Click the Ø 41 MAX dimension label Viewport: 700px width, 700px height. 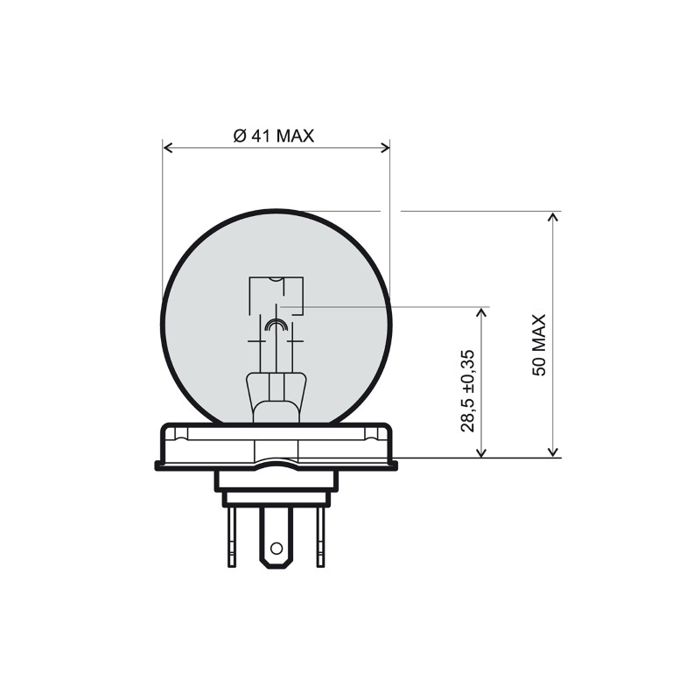click(x=274, y=136)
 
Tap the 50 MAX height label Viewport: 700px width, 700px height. click(x=539, y=345)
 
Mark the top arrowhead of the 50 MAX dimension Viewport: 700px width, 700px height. click(x=552, y=217)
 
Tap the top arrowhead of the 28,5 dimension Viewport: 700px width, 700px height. click(x=480, y=312)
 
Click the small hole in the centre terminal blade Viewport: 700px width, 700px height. click(x=276, y=549)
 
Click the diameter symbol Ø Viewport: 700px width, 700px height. click(x=239, y=136)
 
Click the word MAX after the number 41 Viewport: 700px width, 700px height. click(x=295, y=136)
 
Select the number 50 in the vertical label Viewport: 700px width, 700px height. click(x=539, y=367)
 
